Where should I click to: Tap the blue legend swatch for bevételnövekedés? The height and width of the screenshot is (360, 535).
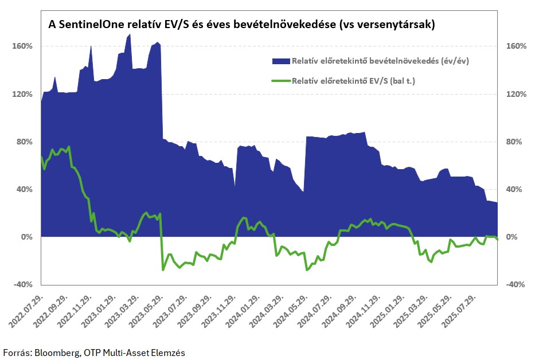tap(281, 61)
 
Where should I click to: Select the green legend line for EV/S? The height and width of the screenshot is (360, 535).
tap(281, 81)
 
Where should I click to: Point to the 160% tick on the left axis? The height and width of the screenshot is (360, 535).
tap(22, 46)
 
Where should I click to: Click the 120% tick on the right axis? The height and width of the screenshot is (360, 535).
tap(516, 94)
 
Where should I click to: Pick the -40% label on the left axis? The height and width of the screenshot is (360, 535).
tap(23, 284)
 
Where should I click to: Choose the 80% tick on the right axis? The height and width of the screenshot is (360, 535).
tap(514, 142)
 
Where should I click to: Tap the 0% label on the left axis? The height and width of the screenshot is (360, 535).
tap(26, 237)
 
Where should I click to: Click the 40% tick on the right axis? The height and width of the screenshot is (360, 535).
tap(514, 189)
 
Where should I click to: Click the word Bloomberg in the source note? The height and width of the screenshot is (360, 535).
tap(57, 353)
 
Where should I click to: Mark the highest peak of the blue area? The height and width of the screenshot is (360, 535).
tap(130, 34)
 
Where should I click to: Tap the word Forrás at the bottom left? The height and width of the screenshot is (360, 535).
tap(17, 353)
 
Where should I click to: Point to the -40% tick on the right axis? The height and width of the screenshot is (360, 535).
tap(515, 284)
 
